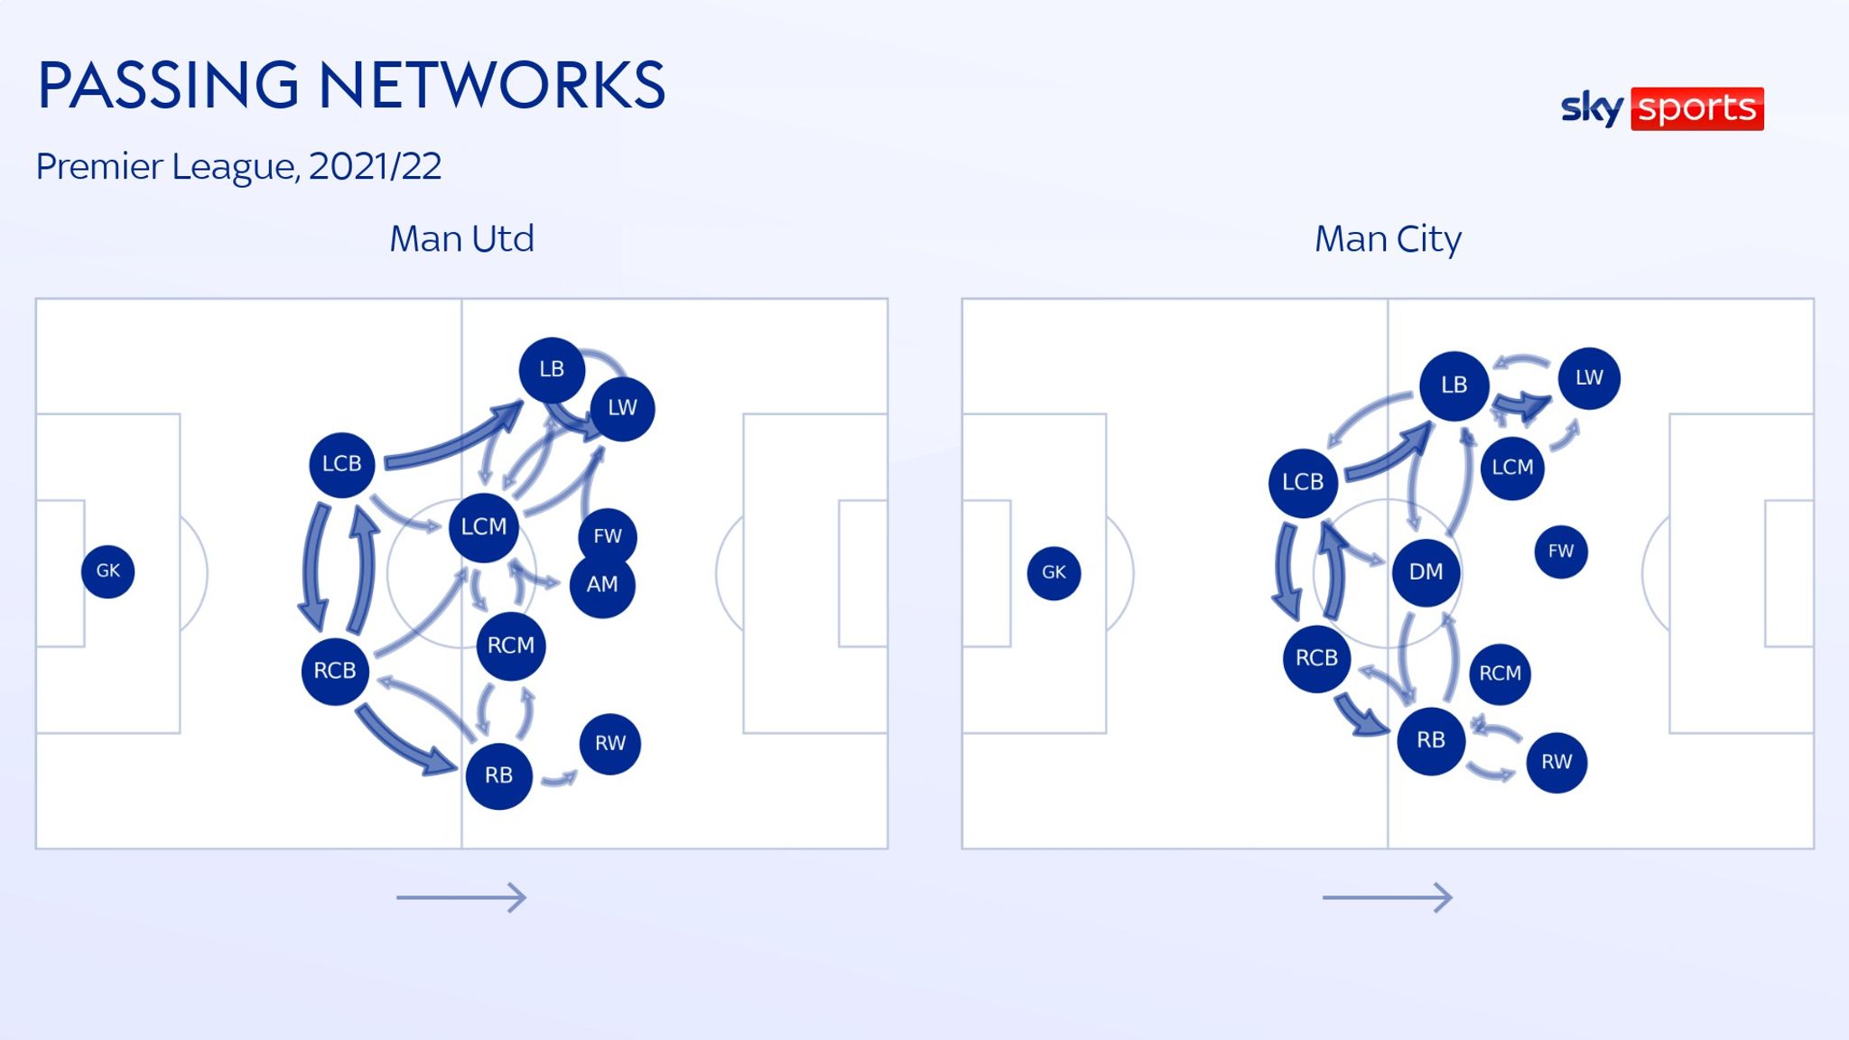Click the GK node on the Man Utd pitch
108,571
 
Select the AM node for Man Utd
602,585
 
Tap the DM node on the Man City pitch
1426,571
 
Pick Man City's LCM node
1512,468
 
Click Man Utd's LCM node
484,527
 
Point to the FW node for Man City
1561,552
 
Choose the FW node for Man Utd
608,536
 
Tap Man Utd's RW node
610,744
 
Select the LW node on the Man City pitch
1589,378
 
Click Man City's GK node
1054,572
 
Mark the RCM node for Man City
1501,673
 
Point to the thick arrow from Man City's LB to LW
1522,405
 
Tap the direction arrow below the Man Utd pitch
461,897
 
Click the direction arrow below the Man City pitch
1388,897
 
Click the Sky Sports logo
1662,108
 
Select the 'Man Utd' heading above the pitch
461,239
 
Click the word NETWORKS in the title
492,86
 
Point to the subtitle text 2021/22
375,166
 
